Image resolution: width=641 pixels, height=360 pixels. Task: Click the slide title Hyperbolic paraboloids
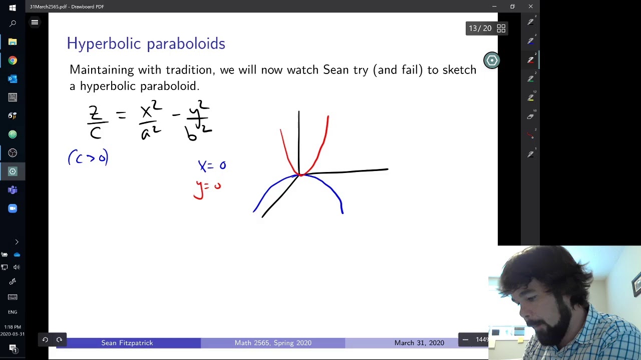pos(146,44)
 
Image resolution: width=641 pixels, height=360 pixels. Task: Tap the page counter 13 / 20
pos(480,28)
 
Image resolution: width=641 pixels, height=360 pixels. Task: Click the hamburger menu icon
pos(35,22)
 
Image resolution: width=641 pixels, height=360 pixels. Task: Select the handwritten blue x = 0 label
pos(212,165)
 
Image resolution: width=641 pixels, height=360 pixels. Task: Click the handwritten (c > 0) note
pos(88,158)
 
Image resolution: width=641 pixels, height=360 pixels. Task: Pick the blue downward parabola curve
pos(331,187)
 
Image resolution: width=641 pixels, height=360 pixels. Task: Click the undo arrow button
pos(45,340)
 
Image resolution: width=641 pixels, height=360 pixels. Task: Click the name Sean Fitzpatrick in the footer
pos(127,343)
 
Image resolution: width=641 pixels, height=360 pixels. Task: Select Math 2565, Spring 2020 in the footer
pos(273,343)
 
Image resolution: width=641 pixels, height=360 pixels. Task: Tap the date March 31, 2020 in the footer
pos(419,343)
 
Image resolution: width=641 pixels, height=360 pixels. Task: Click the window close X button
pos(530,6)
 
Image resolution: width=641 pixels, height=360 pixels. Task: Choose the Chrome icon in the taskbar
pos(13,60)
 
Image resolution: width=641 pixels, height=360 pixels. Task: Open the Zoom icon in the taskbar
pos(13,208)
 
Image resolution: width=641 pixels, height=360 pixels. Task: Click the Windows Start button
pos(13,7)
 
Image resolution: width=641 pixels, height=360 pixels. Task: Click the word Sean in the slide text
pos(336,70)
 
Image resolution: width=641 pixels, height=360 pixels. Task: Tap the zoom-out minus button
pos(465,340)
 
